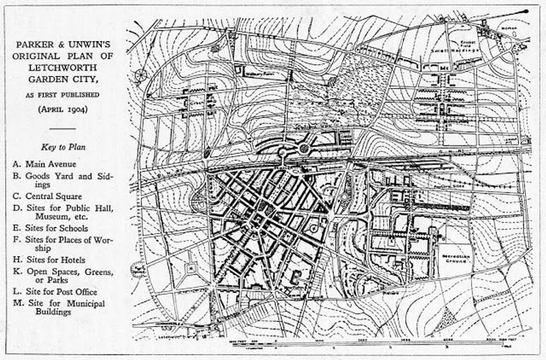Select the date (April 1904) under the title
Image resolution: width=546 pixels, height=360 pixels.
[62, 110]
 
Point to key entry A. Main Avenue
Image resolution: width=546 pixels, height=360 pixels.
[45, 164]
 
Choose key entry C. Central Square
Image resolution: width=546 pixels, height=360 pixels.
[47, 196]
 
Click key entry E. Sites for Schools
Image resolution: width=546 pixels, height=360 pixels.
[51, 228]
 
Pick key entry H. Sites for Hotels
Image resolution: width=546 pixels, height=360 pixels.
[50, 260]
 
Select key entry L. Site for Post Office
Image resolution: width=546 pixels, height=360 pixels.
[55, 292]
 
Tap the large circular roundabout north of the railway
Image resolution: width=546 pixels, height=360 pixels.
[304, 148]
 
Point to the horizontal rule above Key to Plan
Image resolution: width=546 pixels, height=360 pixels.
[62, 129]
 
